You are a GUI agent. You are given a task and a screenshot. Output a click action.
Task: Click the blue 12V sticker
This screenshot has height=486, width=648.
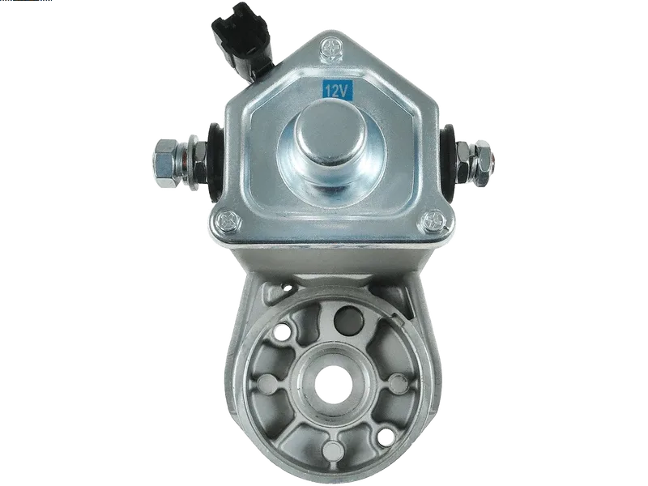point(338,90)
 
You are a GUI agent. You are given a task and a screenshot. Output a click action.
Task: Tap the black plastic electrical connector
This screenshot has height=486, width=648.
point(242,40)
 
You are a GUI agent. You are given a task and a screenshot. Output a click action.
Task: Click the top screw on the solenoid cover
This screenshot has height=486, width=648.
point(332,48)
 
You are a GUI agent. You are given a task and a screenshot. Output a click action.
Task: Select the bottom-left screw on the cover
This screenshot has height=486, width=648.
point(228,221)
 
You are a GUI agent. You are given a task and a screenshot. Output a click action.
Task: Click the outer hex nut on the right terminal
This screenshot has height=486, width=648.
point(482,164)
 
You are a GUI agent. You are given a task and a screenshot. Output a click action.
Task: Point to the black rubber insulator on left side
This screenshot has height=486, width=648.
point(215,162)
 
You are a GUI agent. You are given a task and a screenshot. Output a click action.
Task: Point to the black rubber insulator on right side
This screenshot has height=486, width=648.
point(448,162)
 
